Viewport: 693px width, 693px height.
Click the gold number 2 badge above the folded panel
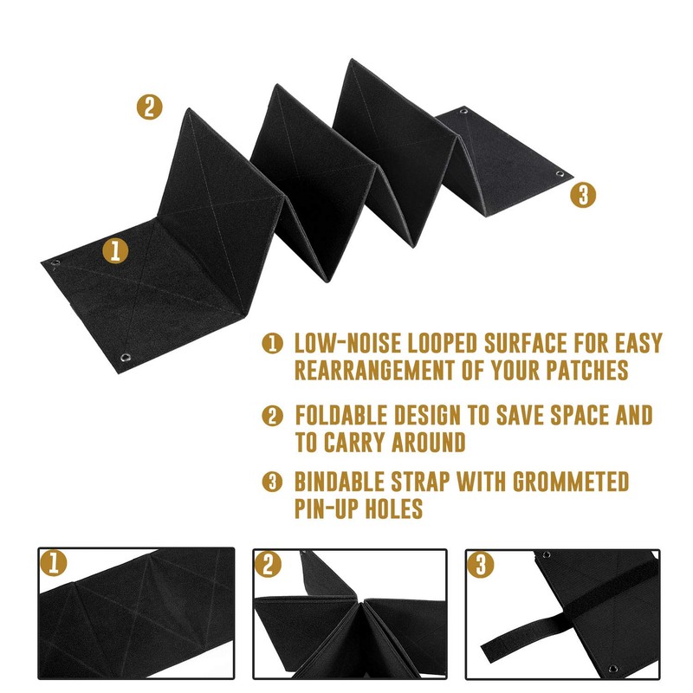click(x=150, y=107)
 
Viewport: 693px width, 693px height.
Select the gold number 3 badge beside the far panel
click(x=584, y=195)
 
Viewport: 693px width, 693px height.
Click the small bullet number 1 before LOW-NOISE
click(x=273, y=344)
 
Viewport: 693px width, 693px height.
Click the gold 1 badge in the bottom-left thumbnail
click(x=54, y=565)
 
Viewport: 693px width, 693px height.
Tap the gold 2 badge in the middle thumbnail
click(x=269, y=565)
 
